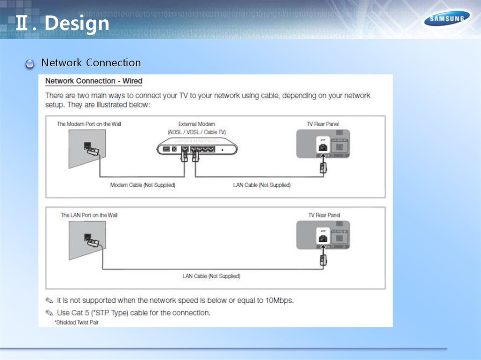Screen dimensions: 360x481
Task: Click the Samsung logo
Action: [x=447, y=19]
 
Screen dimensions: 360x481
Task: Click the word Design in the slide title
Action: [x=77, y=23]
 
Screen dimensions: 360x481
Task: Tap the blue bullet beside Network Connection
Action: [x=30, y=64]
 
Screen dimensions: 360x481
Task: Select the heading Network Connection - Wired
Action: [x=93, y=81]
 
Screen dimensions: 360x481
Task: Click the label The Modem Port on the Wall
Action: [x=89, y=124]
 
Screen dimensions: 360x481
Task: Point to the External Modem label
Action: [x=196, y=124]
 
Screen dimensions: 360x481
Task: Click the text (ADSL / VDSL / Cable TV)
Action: [x=196, y=132]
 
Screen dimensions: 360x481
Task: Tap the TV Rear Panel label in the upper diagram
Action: [x=323, y=124]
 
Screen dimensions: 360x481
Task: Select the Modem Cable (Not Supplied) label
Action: [x=142, y=185]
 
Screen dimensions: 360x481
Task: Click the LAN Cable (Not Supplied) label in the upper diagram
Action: [x=262, y=185]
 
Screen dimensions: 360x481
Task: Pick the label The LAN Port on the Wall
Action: [x=89, y=215]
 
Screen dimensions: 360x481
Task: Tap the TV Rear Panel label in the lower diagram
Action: [x=324, y=215]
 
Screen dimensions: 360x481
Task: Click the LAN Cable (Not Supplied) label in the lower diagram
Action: [x=211, y=276]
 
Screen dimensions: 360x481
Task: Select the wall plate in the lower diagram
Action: [x=87, y=239]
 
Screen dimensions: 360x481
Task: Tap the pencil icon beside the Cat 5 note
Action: [x=49, y=313]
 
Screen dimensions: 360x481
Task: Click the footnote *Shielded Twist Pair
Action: [x=76, y=322]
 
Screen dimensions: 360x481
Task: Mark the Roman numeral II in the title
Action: [x=21, y=23]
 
